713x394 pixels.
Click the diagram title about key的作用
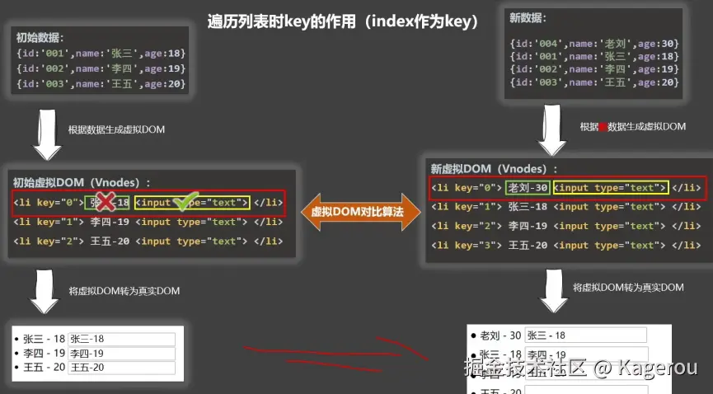[x=343, y=22]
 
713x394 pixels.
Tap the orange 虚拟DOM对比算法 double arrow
[x=357, y=212]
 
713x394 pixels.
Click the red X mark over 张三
[x=104, y=201]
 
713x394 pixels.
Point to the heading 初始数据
[x=40, y=38]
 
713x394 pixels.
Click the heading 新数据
[x=528, y=18]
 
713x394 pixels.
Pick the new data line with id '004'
[x=593, y=43]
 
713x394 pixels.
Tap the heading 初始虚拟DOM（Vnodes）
[x=82, y=182]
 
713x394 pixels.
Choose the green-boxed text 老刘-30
[x=528, y=188]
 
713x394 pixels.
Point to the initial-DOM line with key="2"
[x=148, y=242]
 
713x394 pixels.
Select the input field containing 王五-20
[x=121, y=367]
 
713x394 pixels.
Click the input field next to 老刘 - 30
[x=585, y=335]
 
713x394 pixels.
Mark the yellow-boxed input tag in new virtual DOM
[x=610, y=188]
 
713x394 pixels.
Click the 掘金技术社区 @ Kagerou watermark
[x=581, y=368]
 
